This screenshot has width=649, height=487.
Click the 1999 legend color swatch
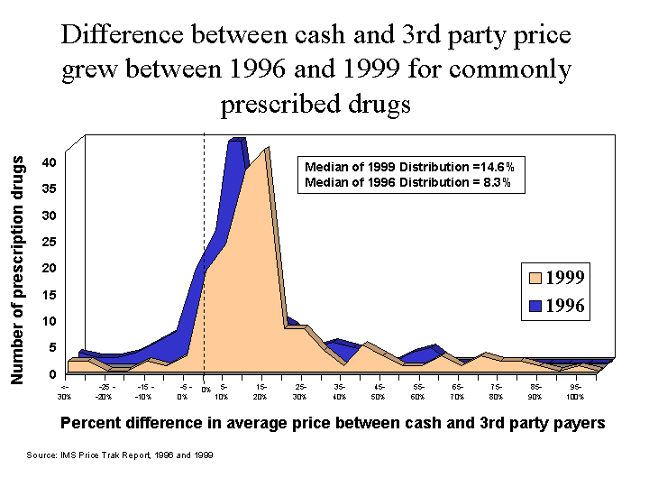pyautogui.click(x=535, y=277)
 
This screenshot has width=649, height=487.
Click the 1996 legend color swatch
pyautogui.click(x=535, y=306)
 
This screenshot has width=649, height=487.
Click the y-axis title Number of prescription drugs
pyautogui.click(x=17, y=269)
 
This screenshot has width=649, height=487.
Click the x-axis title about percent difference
pyautogui.click(x=332, y=423)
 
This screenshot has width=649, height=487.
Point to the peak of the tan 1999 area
pyautogui.click(x=267, y=150)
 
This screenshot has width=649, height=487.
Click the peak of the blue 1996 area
pyautogui.click(x=238, y=141)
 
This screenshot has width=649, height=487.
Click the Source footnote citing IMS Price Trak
pyautogui.click(x=120, y=455)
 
